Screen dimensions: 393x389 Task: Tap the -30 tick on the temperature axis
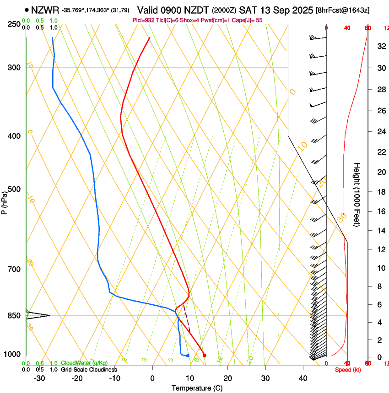[39, 378]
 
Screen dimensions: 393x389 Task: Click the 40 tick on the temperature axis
[303, 378]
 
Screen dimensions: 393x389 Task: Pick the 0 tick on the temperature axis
[152, 378]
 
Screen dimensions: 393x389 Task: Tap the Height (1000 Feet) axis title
[357, 195]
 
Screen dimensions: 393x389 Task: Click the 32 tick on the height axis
[380, 46]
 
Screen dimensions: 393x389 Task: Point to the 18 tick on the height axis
[380, 192]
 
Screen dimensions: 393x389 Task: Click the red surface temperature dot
[205, 356]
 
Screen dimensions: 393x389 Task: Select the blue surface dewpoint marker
[188, 356]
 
